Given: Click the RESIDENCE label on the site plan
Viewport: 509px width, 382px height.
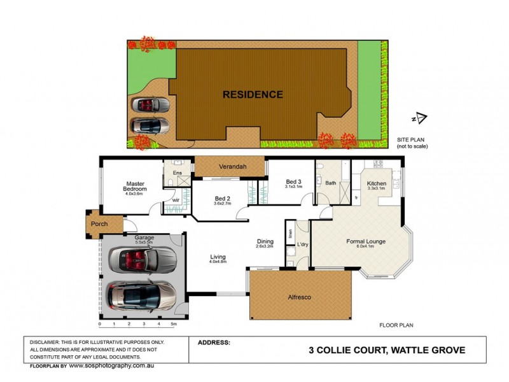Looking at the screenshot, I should click(253, 95).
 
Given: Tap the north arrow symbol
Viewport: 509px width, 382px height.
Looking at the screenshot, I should click(420, 118).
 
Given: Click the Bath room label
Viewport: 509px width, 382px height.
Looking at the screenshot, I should click(330, 183).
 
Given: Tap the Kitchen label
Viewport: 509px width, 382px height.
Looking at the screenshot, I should click(377, 184).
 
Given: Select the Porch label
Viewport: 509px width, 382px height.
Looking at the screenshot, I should click(99, 224).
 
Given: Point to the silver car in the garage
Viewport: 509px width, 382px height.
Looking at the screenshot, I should click(141, 294).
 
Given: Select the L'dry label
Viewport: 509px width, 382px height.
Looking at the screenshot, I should click(303, 244).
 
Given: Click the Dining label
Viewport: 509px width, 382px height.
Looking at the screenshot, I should click(265, 241).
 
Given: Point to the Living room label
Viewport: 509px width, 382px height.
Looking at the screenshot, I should click(218, 257).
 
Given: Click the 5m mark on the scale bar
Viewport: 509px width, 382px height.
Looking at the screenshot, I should click(173, 325).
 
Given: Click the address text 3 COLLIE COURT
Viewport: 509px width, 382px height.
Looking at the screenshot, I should click(348, 350).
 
